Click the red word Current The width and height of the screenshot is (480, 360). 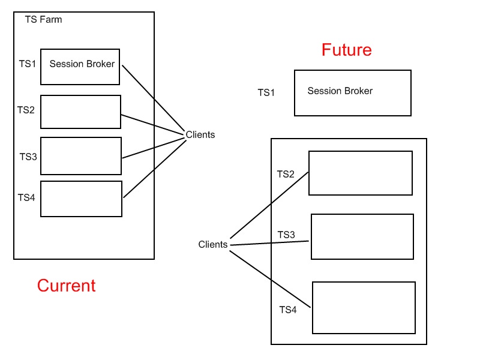66,286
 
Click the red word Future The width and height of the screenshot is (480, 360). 346,50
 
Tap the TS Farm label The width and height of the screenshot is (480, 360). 43,20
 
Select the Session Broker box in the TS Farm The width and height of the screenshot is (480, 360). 80,67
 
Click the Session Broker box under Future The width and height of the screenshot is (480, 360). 352,93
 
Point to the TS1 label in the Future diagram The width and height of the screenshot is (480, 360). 266,92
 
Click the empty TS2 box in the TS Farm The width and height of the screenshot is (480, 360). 80,112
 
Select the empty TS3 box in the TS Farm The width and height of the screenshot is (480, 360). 81,156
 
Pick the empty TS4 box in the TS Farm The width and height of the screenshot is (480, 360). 81,199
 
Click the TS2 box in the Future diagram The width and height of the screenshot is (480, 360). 360,173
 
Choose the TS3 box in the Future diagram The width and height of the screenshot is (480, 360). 362,236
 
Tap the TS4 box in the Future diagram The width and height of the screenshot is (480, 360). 364,307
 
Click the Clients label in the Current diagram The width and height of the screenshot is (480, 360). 200,135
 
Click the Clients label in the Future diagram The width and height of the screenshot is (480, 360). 213,245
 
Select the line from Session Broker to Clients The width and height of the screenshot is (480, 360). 153,99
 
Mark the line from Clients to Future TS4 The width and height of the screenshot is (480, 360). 270,280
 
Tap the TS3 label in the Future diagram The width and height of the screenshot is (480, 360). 286,235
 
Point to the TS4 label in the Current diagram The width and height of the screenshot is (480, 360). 26,197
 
